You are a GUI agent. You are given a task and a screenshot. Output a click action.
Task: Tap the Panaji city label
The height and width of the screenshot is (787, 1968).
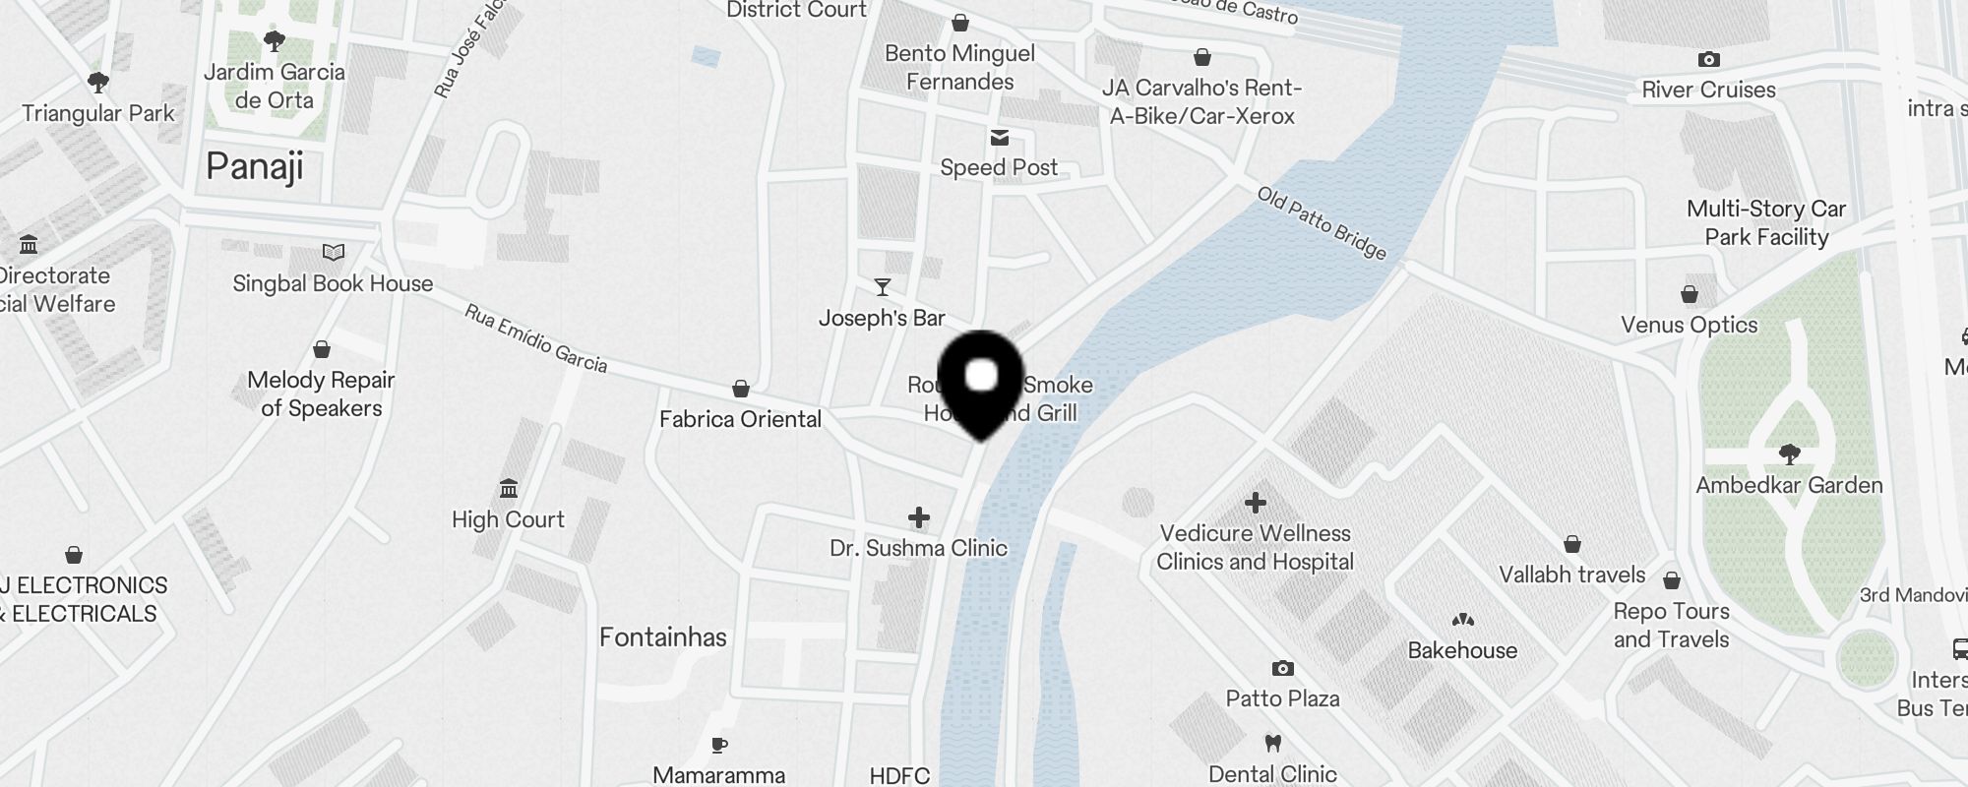coord(255,166)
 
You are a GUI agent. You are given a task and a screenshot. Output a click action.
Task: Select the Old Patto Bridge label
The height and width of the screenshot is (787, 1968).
coord(1322,223)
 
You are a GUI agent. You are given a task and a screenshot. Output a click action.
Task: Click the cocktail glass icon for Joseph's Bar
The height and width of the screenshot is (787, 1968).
coord(883,287)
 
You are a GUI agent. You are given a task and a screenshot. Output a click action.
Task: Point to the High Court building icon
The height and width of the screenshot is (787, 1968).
coord(509,489)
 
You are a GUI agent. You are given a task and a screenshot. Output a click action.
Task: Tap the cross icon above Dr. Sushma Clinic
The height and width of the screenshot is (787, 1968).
coord(919,517)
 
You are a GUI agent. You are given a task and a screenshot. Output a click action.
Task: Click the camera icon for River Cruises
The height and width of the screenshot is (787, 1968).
coord(1709,60)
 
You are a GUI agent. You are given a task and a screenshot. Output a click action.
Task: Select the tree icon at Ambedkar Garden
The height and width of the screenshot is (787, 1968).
coord(1789,454)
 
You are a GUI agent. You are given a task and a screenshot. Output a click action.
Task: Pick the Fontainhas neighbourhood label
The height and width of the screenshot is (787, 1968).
coord(663,637)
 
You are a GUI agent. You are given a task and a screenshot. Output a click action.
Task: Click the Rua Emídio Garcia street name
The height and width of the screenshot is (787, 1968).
coord(535,338)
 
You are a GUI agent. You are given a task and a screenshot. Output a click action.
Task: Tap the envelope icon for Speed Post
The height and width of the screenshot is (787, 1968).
coord(1000,138)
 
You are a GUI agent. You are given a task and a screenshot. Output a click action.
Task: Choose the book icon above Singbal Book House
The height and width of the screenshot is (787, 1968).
coord(334,253)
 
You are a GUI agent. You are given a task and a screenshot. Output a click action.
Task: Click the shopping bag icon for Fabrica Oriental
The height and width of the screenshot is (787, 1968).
coord(741,390)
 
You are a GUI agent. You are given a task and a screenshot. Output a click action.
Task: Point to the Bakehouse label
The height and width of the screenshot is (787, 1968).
coord(1462,650)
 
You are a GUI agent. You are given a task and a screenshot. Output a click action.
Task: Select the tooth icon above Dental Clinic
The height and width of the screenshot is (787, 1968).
coord(1272,744)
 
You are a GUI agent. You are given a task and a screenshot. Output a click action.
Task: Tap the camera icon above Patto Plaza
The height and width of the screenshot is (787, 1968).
coord(1282,669)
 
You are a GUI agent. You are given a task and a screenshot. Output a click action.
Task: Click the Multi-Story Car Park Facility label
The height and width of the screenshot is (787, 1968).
coord(1766,223)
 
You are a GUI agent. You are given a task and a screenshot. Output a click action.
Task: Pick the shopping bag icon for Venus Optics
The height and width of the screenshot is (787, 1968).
coord(1690,295)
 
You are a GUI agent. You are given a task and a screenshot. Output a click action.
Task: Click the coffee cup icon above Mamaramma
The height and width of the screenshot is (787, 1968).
coord(719,745)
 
